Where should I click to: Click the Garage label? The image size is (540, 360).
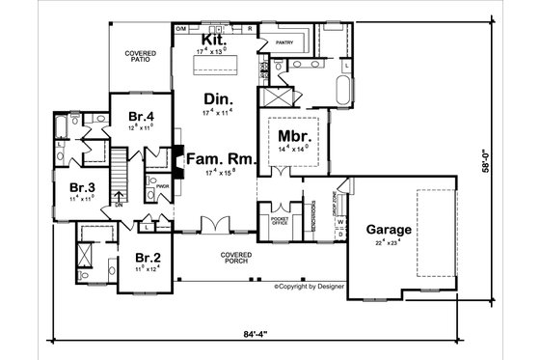point(390,232)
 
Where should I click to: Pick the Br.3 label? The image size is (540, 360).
point(81,187)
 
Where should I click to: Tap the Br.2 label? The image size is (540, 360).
point(147,259)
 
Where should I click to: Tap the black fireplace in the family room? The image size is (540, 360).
point(176,156)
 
